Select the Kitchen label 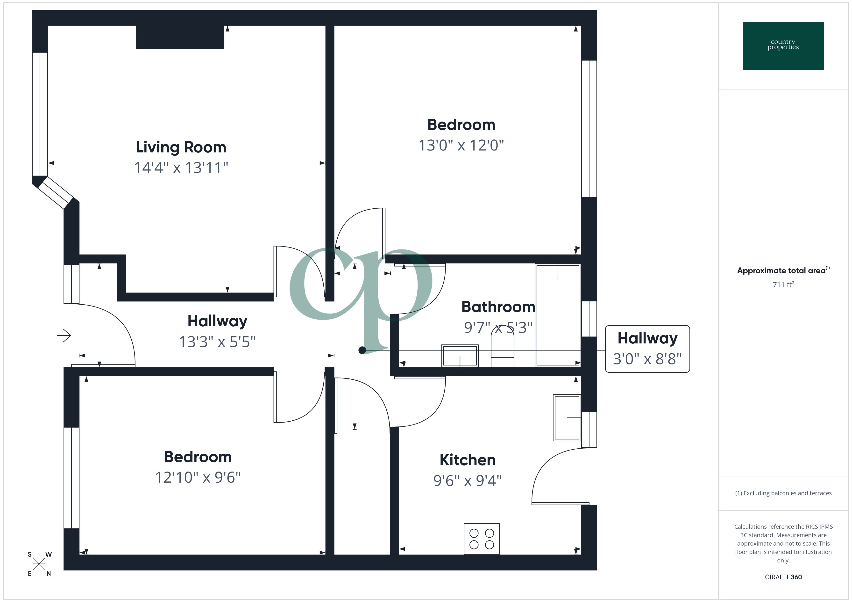click(x=467, y=460)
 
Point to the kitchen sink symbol click(x=566, y=418)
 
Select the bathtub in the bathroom click(x=557, y=315)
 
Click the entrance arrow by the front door click(x=64, y=336)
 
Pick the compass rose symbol click(x=39, y=564)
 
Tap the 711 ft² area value click(x=783, y=285)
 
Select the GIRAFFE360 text click(x=783, y=577)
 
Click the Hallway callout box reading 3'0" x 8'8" click(x=647, y=349)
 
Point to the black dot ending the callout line click(x=362, y=350)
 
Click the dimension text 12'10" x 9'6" click(x=198, y=478)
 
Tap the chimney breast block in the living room click(x=180, y=37)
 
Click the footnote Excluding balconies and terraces click(x=783, y=493)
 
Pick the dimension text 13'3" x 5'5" click(x=217, y=342)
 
